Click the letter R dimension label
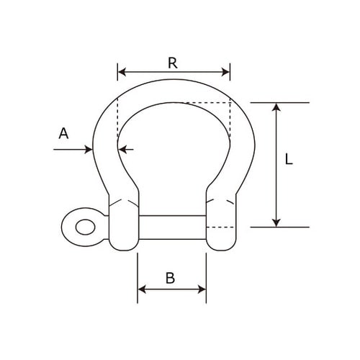[173, 63]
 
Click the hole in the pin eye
[82, 225]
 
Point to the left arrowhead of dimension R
[120, 72]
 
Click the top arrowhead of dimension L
[276, 107]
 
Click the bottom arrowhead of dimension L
[276, 222]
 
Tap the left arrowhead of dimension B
[141, 289]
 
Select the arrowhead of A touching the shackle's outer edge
[89, 149]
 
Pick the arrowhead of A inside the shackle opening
[122, 149]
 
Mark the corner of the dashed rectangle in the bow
[230, 104]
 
